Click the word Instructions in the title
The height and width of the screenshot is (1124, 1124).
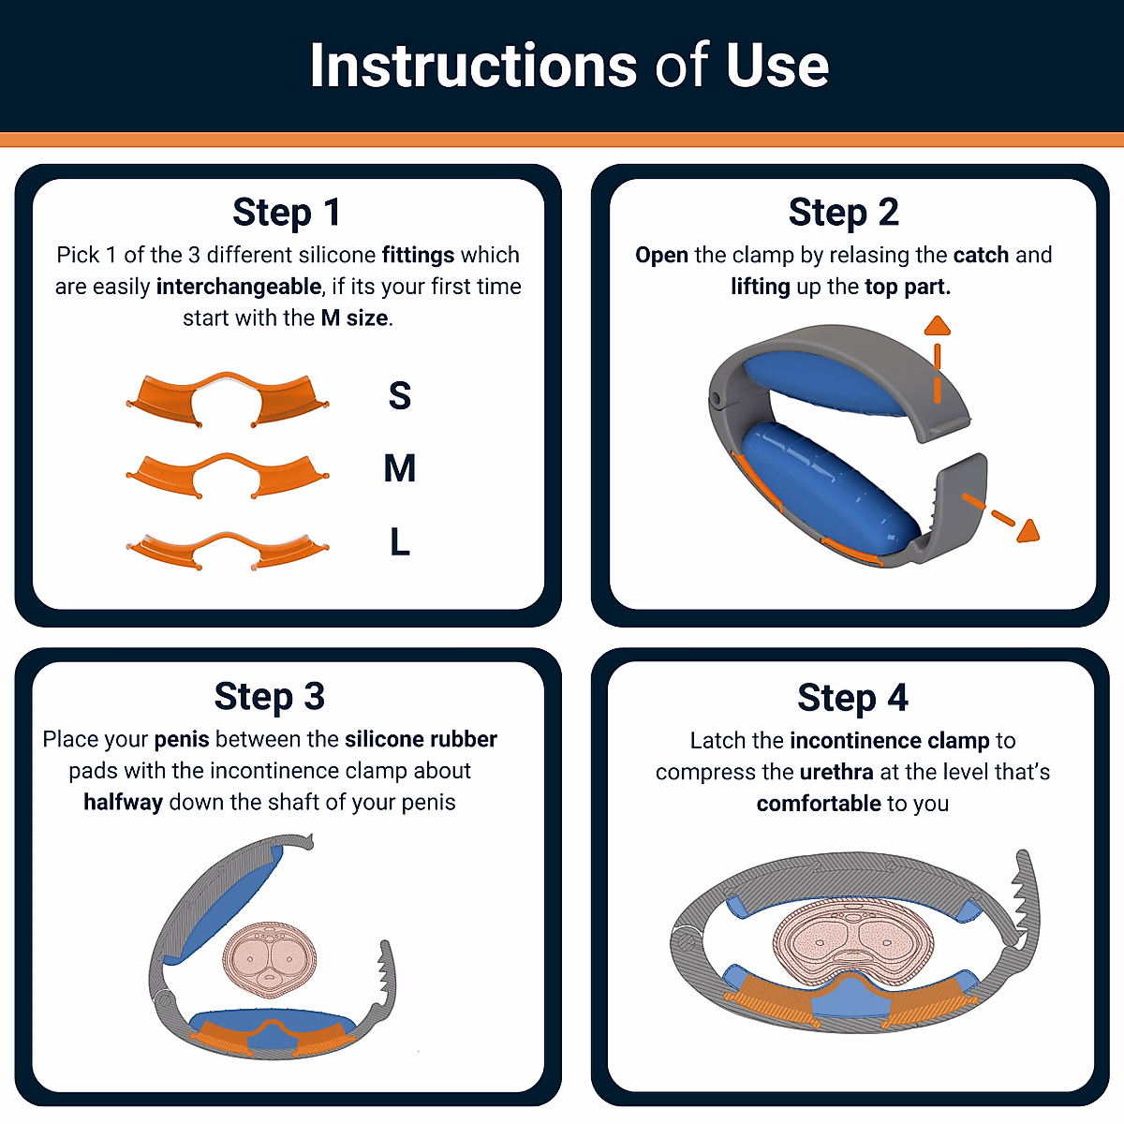click(x=473, y=66)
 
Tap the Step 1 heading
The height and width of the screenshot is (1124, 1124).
click(x=287, y=213)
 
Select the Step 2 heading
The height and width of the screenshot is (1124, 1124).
click(x=843, y=213)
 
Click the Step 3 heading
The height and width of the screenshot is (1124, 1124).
click(x=269, y=697)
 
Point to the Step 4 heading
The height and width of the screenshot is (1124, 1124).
click(x=852, y=698)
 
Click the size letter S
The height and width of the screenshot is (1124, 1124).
click(x=400, y=395)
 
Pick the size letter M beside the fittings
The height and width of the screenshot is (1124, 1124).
click(x=400, y=467)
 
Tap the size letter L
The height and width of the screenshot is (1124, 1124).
click(x=400, y=541)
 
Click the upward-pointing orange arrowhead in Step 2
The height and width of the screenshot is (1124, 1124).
click(x=938, y=325)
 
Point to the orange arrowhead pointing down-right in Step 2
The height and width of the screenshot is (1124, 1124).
click(x=1028, y=531)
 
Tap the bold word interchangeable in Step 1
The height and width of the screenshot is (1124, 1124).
click(x=239, y=287)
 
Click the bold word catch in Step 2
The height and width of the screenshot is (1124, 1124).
click(x=981, y=255)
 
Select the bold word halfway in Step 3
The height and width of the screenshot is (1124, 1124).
click(x=123, y=802)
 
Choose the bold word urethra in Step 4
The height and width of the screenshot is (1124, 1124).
click(x=836, y=772)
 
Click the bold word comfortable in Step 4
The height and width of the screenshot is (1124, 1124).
click(x=819, y=803)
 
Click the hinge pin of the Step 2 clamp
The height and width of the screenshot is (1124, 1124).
click(x=715, y=399)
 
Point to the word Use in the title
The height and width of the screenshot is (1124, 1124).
click(x=776, y=66)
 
